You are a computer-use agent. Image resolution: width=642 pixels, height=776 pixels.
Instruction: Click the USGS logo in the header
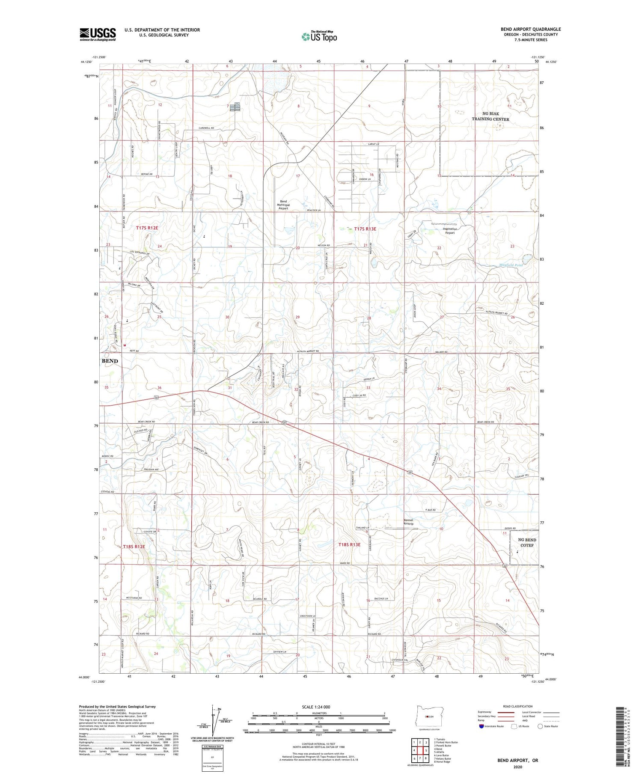click(x=98, y=34)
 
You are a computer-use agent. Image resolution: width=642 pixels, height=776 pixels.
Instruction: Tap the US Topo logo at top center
click(x=319, y=37)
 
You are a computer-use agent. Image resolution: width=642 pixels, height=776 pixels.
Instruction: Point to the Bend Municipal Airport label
click(x=283, y=205)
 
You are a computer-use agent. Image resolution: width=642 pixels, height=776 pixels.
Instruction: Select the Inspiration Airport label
click(x=449, y=231)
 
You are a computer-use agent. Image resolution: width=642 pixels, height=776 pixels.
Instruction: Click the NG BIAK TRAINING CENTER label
click(x=490, y=116)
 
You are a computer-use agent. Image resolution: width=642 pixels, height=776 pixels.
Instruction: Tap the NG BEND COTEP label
click(x=527, y=542)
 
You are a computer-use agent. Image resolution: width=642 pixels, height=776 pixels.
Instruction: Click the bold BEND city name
click(x=110, y=361)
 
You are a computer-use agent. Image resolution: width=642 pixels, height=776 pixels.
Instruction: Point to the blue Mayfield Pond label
click(x=511, y=265)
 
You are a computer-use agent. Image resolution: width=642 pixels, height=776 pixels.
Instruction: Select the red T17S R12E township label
click(x=147, y=228)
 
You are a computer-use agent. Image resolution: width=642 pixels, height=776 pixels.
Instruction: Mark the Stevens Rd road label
click(x=107, y=492)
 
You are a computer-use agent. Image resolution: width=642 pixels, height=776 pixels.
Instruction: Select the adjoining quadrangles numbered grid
click(x=420, y=751)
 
